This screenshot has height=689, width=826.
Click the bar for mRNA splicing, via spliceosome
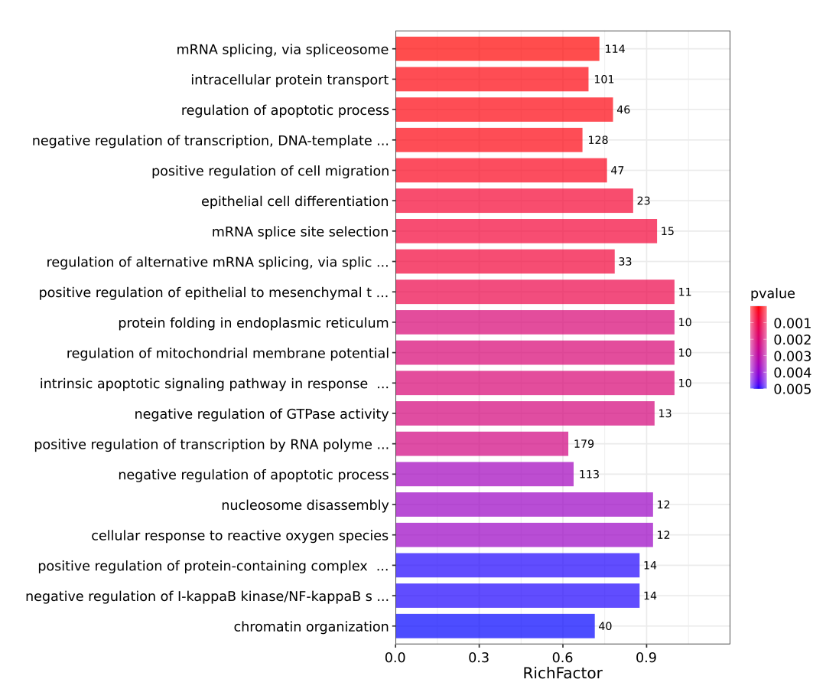tap(497, 49)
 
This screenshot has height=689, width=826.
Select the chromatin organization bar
tap(495, 626)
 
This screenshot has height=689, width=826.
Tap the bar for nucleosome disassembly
tap(524, 505)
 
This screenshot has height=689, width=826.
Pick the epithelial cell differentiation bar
tap(514, 201)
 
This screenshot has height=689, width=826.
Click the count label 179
tap(584, 444)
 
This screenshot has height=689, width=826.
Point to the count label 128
tap(597, 140)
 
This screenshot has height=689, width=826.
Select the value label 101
tap(603, 80)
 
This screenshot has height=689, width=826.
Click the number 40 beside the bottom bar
tap(605, 626)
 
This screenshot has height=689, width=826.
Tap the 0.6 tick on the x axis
tap(562, 657)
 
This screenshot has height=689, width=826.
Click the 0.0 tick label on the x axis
tap(395, 657)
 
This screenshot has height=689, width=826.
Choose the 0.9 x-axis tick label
tap(646, 657)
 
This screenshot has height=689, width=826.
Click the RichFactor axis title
tap(562, 674)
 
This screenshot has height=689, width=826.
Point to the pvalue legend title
tap(772, 293)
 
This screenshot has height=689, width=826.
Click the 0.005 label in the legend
tap(792, 389)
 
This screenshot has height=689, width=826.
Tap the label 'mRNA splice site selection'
tap(301, 231)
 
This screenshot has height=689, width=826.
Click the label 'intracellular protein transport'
tap(290, 80)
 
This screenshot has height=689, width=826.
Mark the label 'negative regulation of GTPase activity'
tap(262, 414)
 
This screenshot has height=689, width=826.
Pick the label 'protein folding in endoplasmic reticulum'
tap(253, 323)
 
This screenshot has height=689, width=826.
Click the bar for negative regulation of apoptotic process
tap(484, 475)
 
